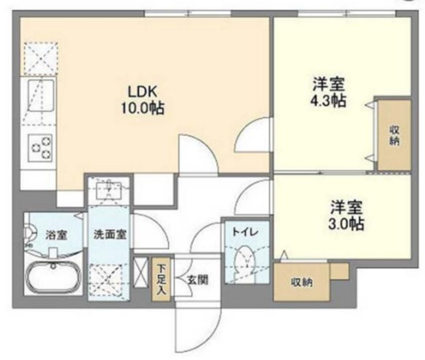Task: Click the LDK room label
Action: coord(143,92)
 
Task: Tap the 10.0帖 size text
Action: coord(143,108)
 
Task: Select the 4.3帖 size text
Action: coord(329,101)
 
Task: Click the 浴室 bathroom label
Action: coord(56,234)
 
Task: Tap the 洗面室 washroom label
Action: coord(110,234)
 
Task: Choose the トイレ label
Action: coord(246,232)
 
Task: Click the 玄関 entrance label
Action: coord(198,280)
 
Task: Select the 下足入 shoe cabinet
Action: coord(161,280)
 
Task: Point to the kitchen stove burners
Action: coord(41,148)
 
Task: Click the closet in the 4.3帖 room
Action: coord(394,135)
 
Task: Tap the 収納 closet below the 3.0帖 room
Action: coord(301,282)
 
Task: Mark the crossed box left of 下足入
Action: coord(141,272)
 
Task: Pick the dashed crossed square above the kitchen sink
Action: coord(41,58)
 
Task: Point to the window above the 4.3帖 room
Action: coord(347,13)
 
